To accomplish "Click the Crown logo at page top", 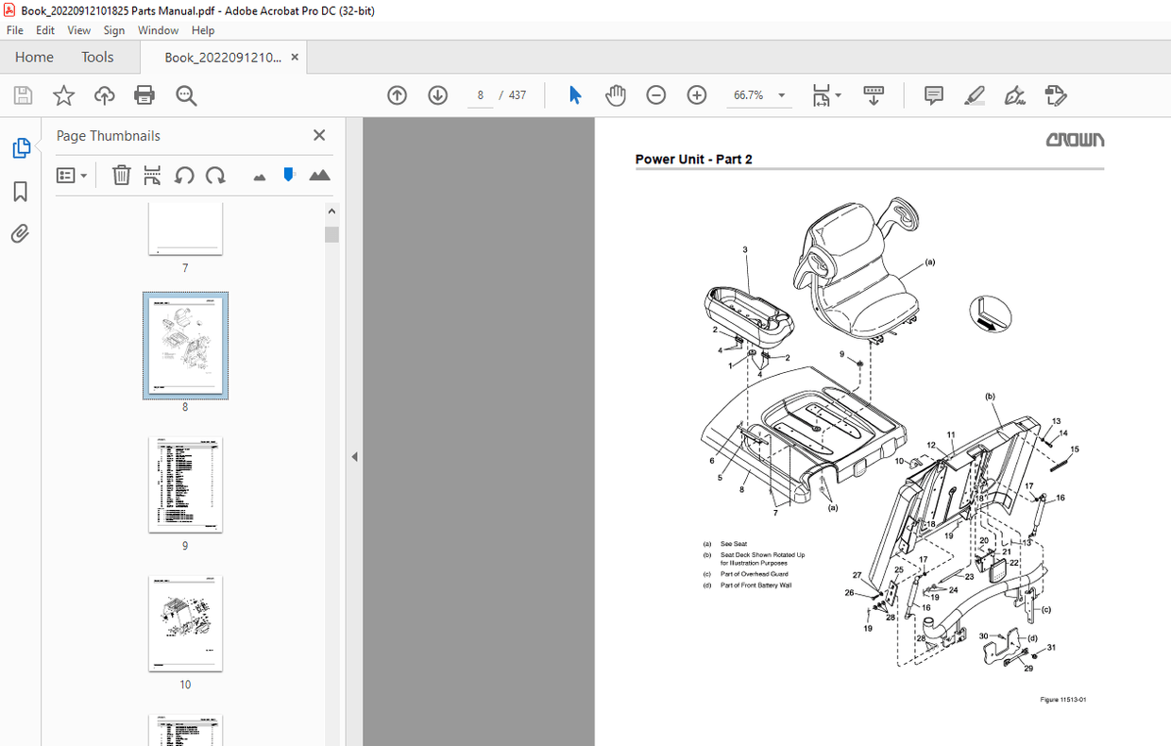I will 1074,140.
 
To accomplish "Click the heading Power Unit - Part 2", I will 693,160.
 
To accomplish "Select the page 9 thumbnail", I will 185,484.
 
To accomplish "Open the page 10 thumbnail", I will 185,623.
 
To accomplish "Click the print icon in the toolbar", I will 144,95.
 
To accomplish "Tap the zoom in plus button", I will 697,95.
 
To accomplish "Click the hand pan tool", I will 616,95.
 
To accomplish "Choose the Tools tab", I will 97,57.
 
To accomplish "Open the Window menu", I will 158,30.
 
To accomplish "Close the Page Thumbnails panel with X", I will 319,136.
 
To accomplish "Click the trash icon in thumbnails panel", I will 121,176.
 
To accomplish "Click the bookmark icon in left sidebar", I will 20,192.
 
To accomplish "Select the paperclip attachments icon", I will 20,233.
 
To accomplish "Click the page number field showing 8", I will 481,95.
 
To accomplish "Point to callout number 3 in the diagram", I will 745,250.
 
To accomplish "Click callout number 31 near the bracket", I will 1050,648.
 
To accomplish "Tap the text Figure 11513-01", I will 1063,700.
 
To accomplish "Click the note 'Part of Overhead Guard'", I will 754,574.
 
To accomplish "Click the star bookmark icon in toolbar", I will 63,95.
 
